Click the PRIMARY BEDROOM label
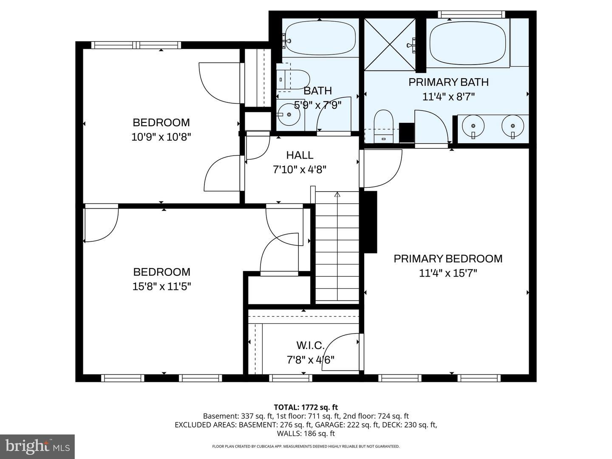pyautogui.click(x=448, y=258)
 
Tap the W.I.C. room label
pyautogui.click(x=310, y=345)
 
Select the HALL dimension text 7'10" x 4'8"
pyautogui.click(x=300, y=170)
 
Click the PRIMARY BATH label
pyautogui.click(x=448, y=82)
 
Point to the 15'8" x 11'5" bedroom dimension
pyautogui.click(x=161, y=286)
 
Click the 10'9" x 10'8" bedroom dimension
pyautogui.click(x=161, y=137)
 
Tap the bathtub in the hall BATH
pyautogui.click(x=320, y=38)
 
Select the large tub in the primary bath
pyautogui.click(x=467, y=42)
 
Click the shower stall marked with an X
pyautogui.click(x=390, y=44)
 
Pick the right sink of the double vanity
pyautogui.click(x=513, y=126)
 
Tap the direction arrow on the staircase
pyautogui.click(x=337, y=195)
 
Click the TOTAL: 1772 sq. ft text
pyautogui.click(x=306, y=407)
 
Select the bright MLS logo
pyautogui.click(x=37, y=446)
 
